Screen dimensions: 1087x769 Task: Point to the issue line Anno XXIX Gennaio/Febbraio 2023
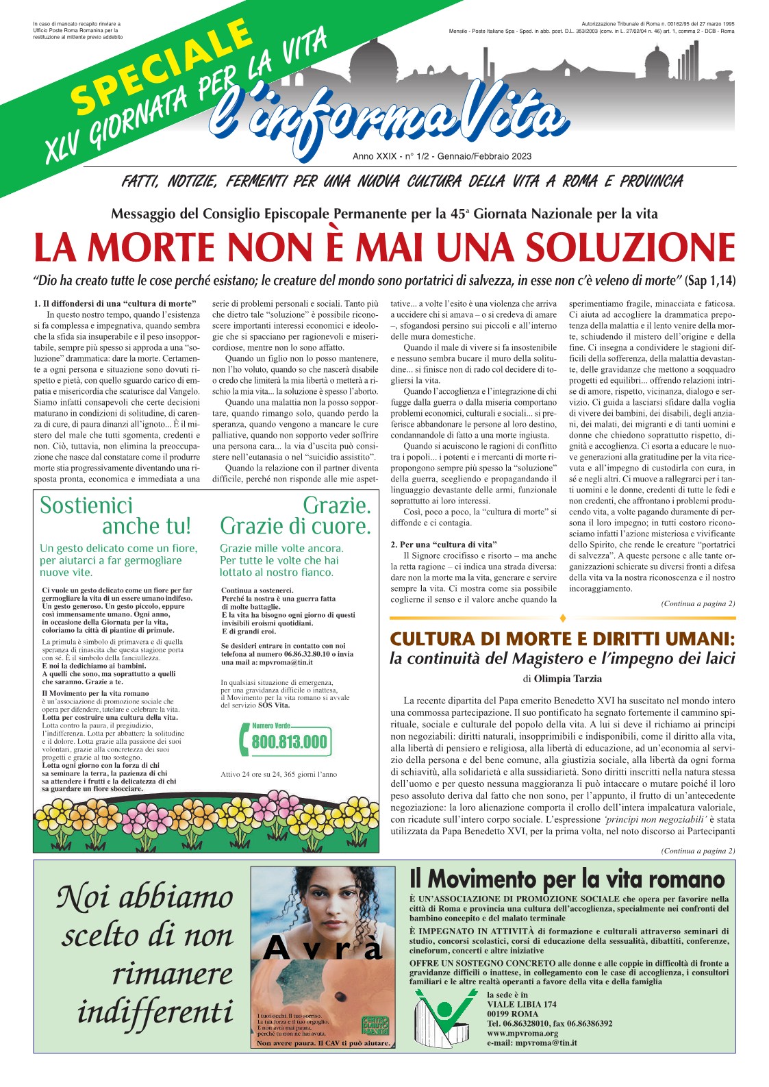click(442, 156)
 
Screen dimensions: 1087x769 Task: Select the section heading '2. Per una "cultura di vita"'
click(444, 545)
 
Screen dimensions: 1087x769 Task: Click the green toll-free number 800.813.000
click(288, 742)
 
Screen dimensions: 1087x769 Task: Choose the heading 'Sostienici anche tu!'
click(116, 516)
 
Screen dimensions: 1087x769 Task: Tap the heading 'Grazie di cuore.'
click(295, 526)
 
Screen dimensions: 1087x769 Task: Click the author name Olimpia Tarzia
click(568, 679)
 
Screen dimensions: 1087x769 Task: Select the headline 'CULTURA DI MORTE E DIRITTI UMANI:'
click(562, 639)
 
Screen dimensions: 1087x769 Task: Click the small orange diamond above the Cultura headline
click(563, 619)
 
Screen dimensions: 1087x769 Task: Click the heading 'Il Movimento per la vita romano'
click(566, 879)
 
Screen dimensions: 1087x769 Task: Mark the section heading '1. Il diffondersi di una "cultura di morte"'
click(115, 303)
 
